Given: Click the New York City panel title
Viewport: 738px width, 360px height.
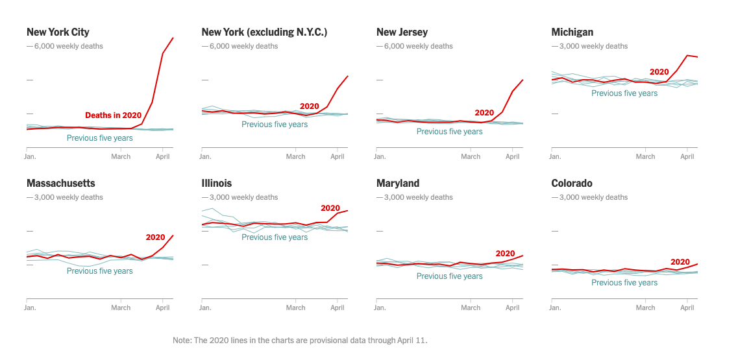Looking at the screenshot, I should (58, 32).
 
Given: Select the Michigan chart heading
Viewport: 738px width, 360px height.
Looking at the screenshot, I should (572, 32).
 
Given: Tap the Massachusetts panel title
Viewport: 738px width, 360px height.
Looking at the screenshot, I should (60, 183).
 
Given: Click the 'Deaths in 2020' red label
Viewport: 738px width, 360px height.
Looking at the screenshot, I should (113, 115).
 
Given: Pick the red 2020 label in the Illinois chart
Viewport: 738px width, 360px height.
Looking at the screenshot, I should (330, 208).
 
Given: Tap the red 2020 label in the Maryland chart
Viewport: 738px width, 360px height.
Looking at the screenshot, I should (504, 254).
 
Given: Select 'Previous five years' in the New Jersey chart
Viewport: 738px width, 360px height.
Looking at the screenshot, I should (449, 132).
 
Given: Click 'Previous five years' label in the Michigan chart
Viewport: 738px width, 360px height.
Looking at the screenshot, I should (624, 93).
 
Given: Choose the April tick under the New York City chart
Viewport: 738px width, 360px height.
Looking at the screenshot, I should (163, 156).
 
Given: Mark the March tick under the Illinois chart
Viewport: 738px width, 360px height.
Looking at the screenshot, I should (295, 307).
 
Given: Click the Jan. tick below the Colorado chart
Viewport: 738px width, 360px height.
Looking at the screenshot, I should (555, 307).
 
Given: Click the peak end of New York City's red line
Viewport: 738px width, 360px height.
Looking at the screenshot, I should (173, 38).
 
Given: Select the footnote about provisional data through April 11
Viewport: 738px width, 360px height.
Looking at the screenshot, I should (300, 340).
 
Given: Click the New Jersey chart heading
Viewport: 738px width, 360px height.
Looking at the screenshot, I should (402, 32).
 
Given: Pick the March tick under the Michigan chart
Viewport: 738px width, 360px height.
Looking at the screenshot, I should (645, 156).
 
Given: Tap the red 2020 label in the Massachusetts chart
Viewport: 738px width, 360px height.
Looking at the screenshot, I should (155, 237).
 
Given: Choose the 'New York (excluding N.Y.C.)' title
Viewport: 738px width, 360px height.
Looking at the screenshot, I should (264, 32).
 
